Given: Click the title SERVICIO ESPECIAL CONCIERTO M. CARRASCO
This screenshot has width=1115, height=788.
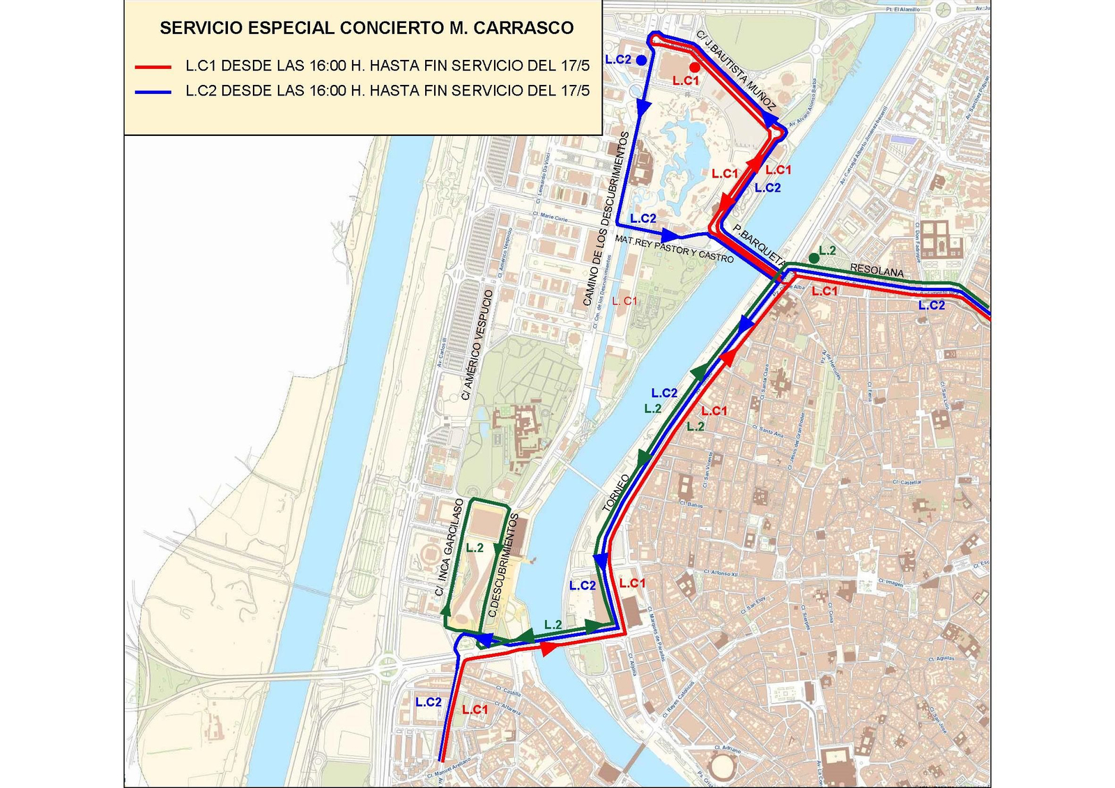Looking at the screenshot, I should click(367, 29).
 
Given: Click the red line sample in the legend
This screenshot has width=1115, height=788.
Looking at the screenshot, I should click(153, 67).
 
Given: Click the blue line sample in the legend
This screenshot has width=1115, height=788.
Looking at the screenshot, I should click(153, 91).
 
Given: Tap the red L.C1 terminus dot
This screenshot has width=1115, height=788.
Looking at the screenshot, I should click(695, 68).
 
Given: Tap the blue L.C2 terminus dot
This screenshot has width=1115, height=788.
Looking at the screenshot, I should click(641, 61).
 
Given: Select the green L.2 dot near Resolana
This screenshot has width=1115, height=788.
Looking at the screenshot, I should click(813, 258).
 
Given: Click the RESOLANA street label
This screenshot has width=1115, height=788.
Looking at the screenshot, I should click(877, 271).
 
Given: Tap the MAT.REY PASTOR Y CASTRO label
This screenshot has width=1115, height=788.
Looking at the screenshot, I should click(674, 249).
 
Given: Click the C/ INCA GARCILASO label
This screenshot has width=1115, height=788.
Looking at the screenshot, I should click(449, 547).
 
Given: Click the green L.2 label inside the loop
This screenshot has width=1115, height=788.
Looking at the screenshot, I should click(475, 548).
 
